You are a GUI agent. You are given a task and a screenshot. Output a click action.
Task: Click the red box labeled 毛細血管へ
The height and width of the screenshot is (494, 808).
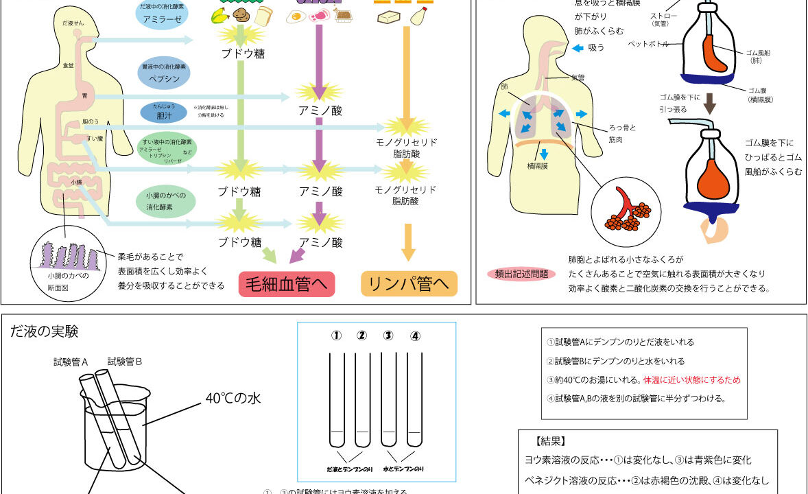[x=287, y=284]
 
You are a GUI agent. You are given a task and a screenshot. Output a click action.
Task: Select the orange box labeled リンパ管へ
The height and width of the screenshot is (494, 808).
[x=409, y=284]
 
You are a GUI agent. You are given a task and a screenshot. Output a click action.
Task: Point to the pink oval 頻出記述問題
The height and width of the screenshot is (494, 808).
[x=521, y=274]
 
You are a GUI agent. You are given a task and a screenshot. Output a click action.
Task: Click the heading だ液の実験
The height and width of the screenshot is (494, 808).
[x=45, y=332]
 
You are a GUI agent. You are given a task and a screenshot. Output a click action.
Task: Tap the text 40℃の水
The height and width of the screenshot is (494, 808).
[x=234, y=398]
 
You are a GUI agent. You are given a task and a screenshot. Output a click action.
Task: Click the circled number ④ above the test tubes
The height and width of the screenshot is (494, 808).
[x=414, y=336]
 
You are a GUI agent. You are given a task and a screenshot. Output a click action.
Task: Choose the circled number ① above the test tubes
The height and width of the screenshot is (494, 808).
[x=336, y=336]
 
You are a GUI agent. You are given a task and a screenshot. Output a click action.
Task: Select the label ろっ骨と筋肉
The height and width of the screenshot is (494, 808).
[x=622, y=132]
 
